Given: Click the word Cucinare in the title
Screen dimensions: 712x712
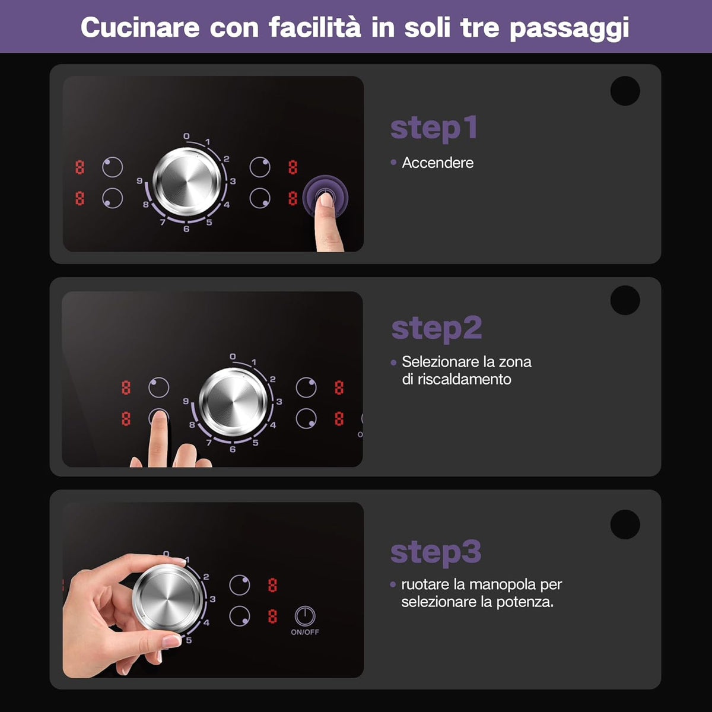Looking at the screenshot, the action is click(140, 28).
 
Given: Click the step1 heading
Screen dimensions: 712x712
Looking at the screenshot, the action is click(434, 129).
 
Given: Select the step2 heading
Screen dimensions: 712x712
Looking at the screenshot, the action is click(437, 329).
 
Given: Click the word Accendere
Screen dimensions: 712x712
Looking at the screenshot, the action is click(438, 163).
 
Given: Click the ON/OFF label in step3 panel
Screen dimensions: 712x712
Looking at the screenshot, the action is click(305, 632).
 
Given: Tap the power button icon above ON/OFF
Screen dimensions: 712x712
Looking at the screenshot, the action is click(305, 616).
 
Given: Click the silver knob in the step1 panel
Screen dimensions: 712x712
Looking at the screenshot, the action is click(187, 182).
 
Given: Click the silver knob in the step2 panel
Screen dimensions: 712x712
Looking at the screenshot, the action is click(233, 402).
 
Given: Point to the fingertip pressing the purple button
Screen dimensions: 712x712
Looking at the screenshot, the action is click(326, 200).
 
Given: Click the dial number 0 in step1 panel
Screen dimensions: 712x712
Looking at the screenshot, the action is click(186, 136).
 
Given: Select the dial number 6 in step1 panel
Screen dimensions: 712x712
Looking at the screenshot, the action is click(186, 229).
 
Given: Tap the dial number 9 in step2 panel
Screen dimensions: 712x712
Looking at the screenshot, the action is click(186, 401).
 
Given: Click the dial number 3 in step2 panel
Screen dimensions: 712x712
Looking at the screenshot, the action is click(279, 401).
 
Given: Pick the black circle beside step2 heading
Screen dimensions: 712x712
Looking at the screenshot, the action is click(625, 300).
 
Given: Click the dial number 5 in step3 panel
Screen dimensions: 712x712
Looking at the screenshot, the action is click(189, 640).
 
